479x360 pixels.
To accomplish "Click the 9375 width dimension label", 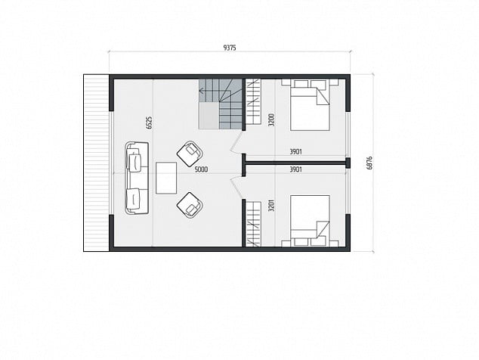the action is [x=230, y=48].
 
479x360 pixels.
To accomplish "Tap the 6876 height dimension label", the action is [x=369, y=163].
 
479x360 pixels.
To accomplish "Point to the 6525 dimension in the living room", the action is [x=149, y=123].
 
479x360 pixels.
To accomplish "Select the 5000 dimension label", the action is [x=201, y=169].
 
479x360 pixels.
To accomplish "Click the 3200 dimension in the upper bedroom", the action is [x=271, y=120].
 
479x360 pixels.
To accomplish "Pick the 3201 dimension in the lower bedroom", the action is [x=271, y=206].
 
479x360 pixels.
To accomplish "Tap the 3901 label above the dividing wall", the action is [x=295, y=151].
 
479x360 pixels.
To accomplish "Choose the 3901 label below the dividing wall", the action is [x=295, y=169].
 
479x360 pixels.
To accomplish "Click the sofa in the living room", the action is [x=137, y=178].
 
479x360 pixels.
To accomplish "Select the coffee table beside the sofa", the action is [x=166, y=178].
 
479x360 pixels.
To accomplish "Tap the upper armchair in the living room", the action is [x=190, y=154].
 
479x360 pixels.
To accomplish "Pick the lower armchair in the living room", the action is [x=190, y=205].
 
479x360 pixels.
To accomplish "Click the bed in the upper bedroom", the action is [x=310, y=105].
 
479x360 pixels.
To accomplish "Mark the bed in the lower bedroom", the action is [x=310, y=221].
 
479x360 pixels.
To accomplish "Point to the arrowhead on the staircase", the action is [x=202, y=90].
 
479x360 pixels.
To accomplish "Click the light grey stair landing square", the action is [x=209, y=116].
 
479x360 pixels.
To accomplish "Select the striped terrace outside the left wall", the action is [x=96, y=163].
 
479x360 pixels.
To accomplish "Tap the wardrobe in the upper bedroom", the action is [x=254, y=102].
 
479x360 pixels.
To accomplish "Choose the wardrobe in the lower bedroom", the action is [x=254, y=224].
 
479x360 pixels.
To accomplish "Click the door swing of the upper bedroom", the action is [x=236, y=143].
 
